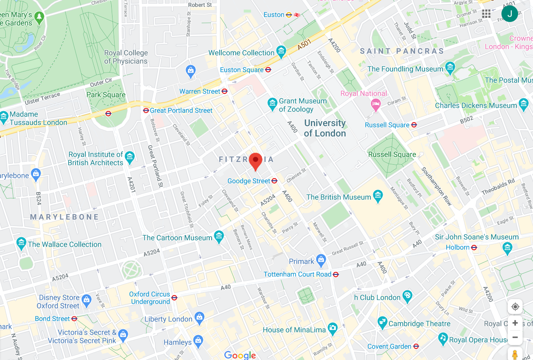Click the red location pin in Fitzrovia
tap(255, 161)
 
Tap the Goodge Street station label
tap(249, 181)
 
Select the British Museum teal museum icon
tap(378, 197)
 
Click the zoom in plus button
tap(515, 323)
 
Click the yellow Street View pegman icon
tap(515, 355)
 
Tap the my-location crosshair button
tap(515, 306)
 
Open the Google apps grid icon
tap(486, 14)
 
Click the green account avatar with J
tap(509, 14)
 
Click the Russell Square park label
tap(392, 154)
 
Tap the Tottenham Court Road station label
tap(297, 274)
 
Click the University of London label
tap(325, 128)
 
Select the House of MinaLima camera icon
tap(332, 329)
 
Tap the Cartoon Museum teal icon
tap(219, 237)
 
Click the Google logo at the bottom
tap(240, 355)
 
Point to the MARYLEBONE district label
tap(65, 217)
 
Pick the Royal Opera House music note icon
tap(443, 339)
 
